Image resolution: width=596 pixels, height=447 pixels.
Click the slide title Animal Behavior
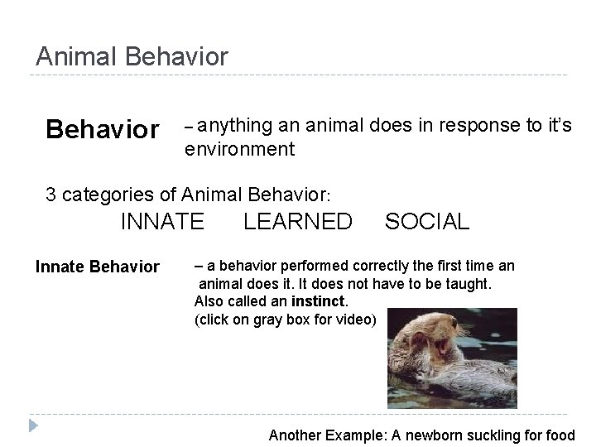click(x=132, y=56)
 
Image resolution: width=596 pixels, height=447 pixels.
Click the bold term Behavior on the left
click(x=103, y=130)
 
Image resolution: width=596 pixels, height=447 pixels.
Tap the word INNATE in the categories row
click(x=162, y=222)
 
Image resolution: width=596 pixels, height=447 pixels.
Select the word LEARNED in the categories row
click(x=297, y=222)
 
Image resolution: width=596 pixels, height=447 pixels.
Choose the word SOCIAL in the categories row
click(x=426, y=222)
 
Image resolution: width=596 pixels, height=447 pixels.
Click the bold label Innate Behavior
click(x=97, y=267)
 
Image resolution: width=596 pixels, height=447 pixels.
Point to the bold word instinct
click(x=318, y=301)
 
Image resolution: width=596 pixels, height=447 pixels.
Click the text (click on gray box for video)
click(x=285, y=320)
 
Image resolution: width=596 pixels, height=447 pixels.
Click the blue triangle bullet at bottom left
click(x=32, y=426)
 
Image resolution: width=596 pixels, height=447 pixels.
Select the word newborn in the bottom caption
click(x=425, y=435)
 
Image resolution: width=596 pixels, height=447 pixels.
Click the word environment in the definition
click(x=239, y=150)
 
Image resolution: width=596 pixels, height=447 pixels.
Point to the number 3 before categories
click(x=51, y=195)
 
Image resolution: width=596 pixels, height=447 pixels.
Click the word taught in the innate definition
click(x=469, y=284)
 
